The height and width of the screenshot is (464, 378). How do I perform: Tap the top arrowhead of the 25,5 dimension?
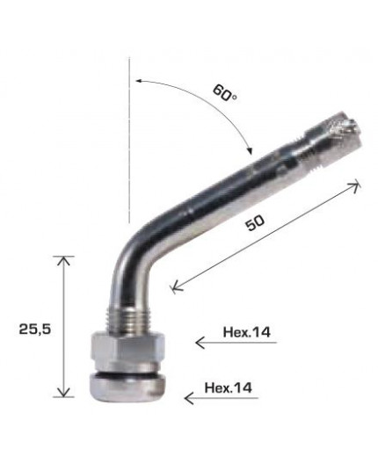(62, 257)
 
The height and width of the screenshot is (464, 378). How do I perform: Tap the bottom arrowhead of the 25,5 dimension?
(62, 395)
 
